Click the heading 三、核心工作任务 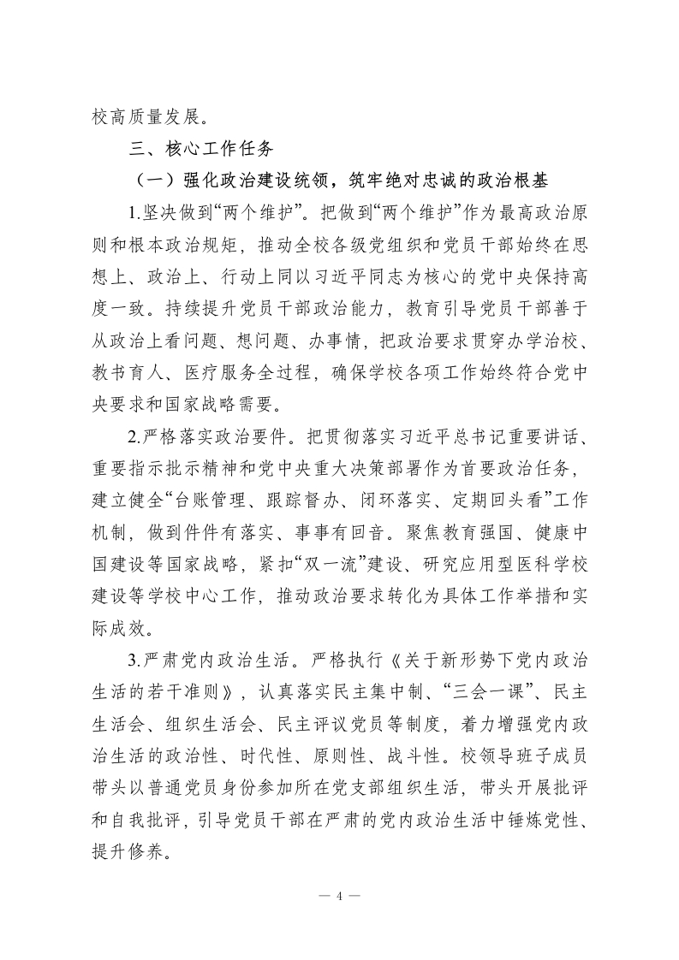(x=200, y=147)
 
